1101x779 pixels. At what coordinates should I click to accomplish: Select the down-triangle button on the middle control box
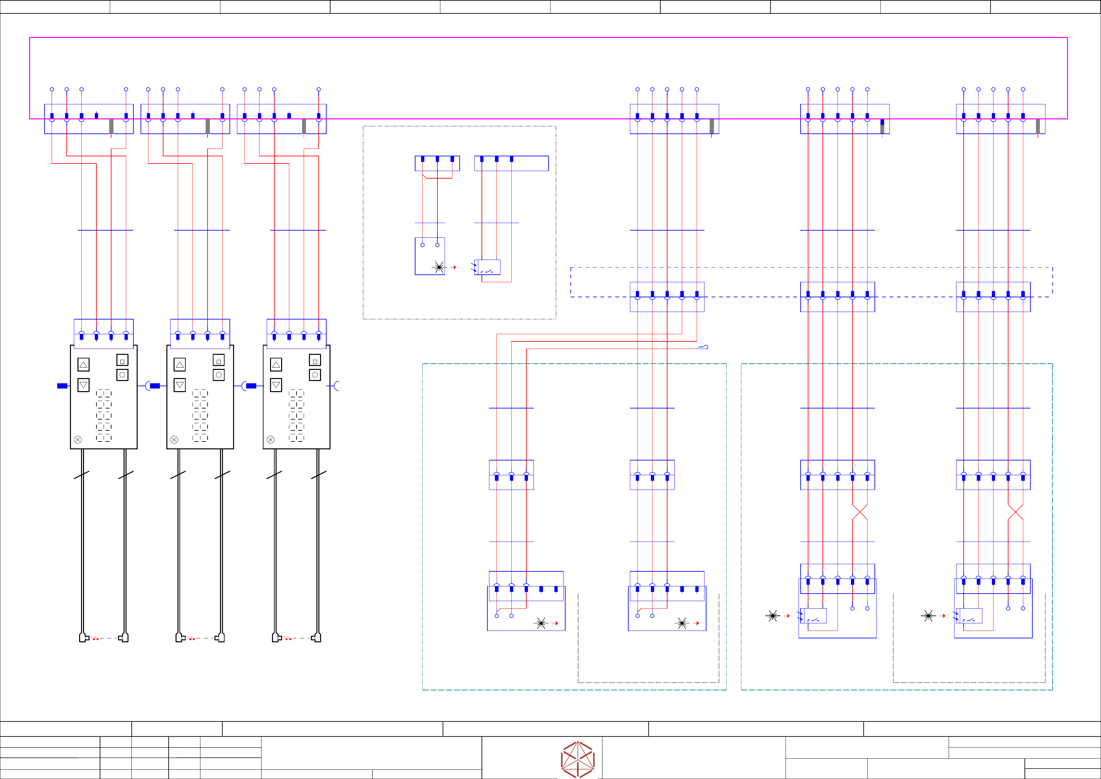[180, 385]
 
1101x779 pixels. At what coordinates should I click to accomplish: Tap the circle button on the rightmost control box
[315, 375]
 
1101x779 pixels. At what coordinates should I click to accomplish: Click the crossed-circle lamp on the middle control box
[174, 440]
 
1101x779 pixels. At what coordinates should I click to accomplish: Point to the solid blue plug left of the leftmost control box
[62, 386]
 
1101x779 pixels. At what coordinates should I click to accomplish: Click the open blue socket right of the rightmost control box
[336, 386]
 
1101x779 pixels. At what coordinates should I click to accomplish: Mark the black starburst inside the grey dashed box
[439, 267]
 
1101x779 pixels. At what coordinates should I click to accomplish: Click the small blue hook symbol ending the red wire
[703, 347]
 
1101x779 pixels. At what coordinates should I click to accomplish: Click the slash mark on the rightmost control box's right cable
[318, 475]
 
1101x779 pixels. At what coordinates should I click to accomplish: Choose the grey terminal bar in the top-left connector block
[111, 126]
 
